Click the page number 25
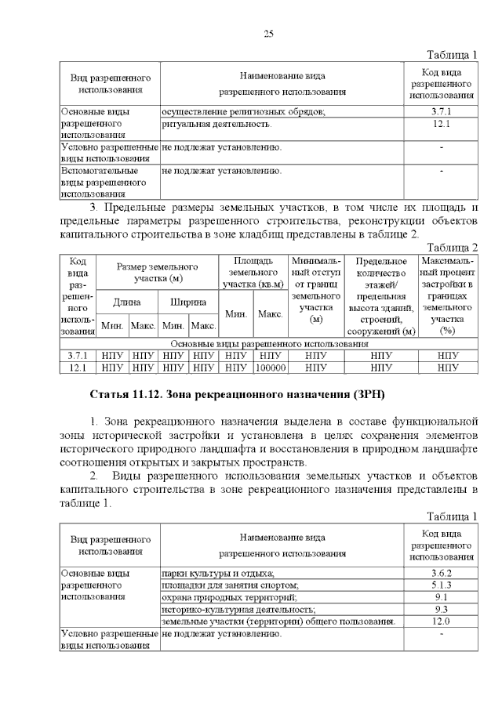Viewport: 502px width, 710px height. coord(268,34)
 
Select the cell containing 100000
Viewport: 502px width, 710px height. coord(271,366)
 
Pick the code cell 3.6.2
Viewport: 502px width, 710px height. coord(440,574)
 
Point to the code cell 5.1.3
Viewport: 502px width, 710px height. coord(440,585)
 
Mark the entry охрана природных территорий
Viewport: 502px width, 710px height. coord(227,597)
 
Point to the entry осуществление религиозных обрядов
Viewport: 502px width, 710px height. coord(242,112)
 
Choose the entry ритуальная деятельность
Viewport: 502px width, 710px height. coord(216,124)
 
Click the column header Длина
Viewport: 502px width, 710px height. coord(127,301)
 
